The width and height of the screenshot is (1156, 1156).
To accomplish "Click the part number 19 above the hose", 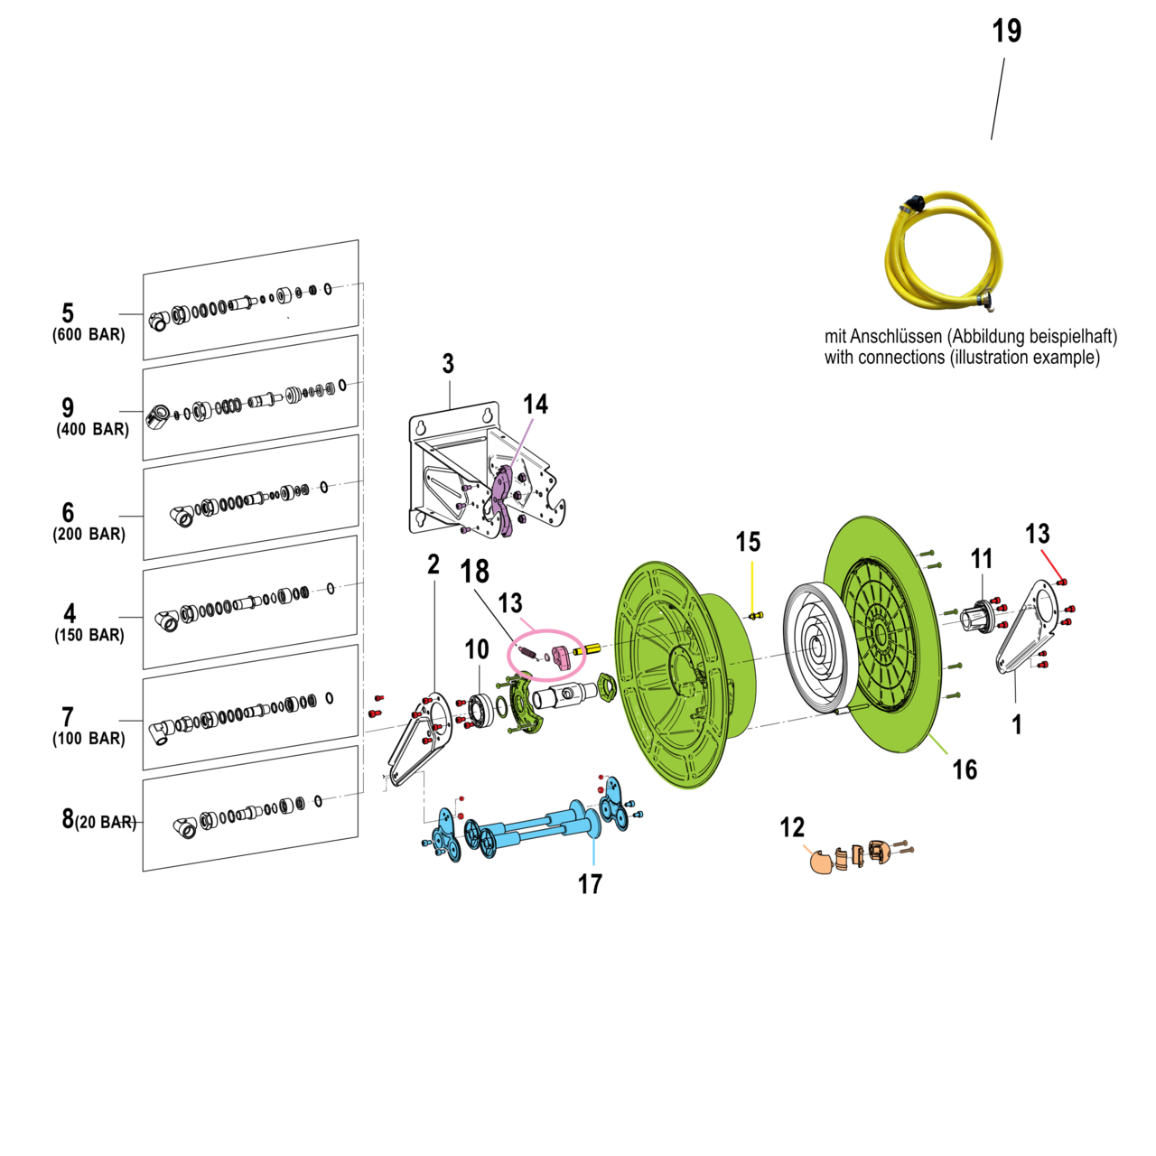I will (1006, 32).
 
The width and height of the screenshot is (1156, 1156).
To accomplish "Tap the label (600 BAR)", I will (89, 335).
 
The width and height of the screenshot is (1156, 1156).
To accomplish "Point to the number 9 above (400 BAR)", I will (68, 408).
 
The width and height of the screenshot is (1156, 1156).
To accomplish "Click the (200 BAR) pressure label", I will (89, 535).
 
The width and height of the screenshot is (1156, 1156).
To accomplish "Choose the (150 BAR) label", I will (89, 636).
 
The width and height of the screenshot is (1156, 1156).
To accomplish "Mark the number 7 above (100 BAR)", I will (68, 717).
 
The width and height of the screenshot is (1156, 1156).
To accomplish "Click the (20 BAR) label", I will (106, 823).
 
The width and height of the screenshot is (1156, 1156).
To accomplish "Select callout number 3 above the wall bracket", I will (448, 364).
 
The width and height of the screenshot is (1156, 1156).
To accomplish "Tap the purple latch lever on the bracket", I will (503, 502).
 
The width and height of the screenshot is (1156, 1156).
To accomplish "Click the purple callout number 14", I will (536, 404).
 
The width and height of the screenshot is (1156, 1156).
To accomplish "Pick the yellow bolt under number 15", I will (756, 616).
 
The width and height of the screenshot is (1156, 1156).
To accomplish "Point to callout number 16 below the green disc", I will (965, 769).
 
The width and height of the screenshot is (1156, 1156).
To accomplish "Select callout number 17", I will (590, 884).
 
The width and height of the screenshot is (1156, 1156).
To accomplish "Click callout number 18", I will (475, 572).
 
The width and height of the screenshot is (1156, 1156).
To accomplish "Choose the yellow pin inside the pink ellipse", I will (588, 648).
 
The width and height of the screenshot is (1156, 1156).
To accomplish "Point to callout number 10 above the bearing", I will (477, 648).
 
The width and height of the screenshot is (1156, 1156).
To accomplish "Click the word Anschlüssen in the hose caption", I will (896, 337).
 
